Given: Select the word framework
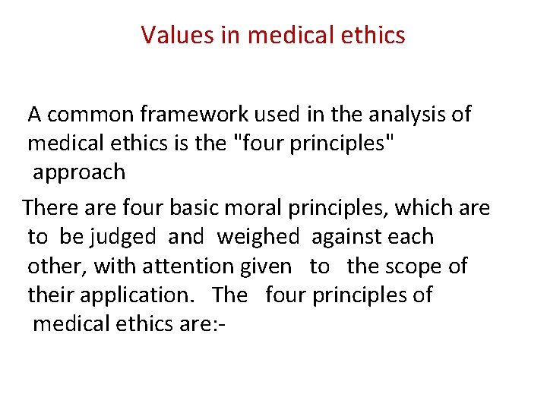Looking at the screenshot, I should [x=196, y=115].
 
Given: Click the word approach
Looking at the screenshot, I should [x=79, y=173].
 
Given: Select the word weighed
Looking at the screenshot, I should [x=258, y=238].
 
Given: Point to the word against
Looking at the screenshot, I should [x=350, y=238].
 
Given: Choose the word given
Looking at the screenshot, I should [x=264, y=266].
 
